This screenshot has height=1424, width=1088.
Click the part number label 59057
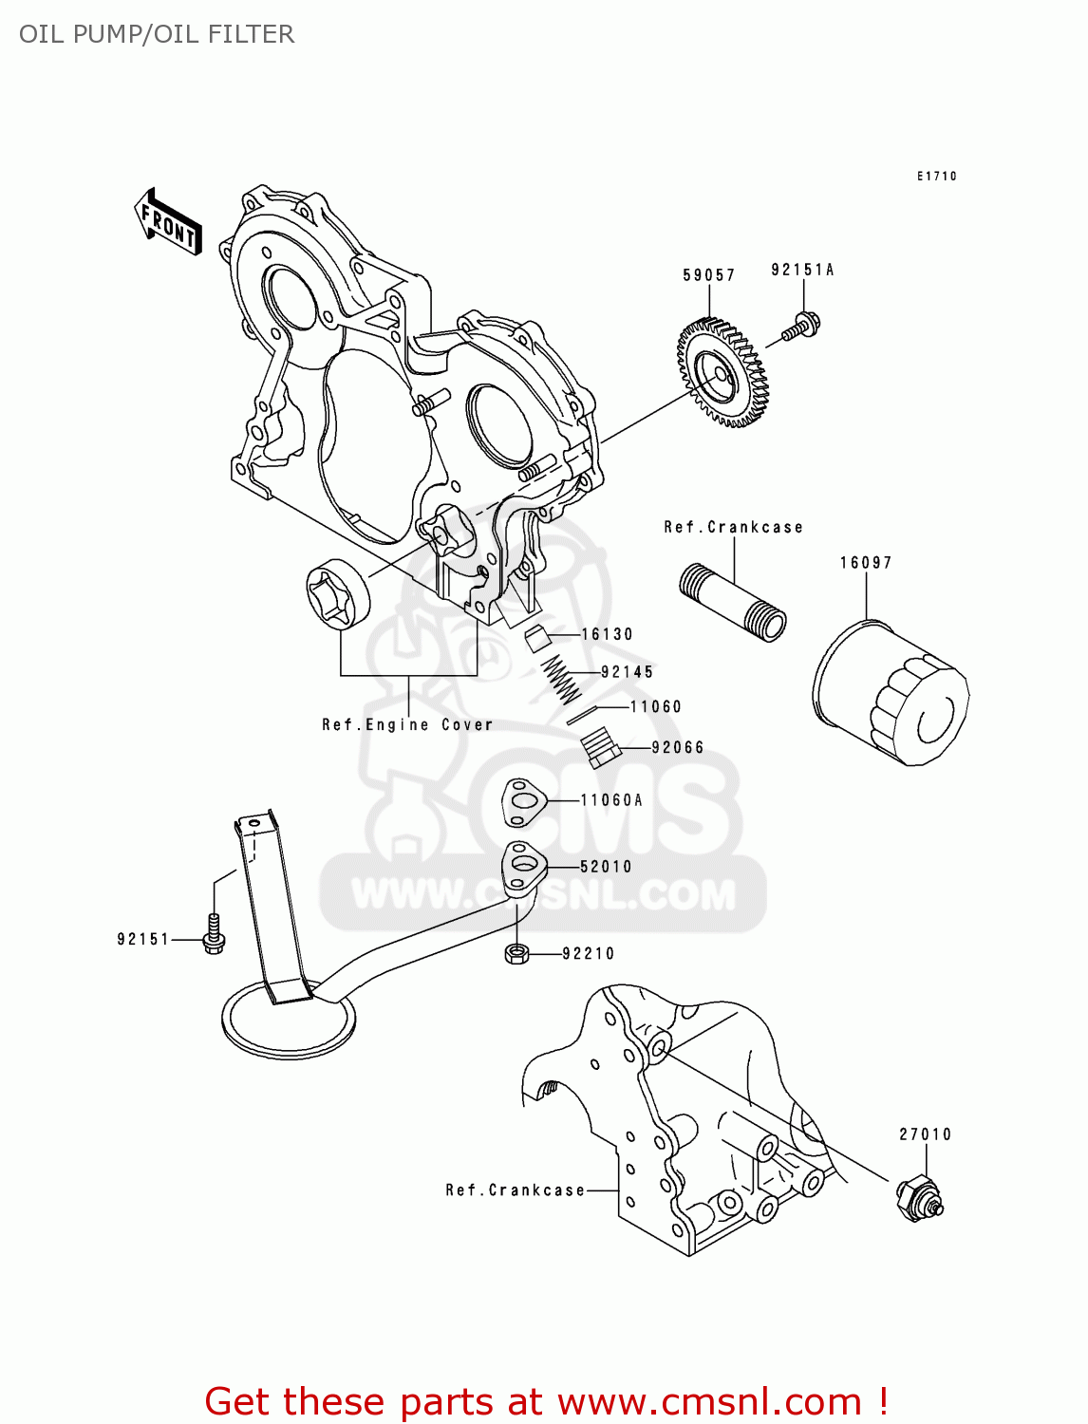708,275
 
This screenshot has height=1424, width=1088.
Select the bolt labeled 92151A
801,327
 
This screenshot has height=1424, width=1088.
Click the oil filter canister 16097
891,693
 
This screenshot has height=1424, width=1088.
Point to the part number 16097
866,563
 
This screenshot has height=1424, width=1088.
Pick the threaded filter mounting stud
733,603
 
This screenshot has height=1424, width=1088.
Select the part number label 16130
607,634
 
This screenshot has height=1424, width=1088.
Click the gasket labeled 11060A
522,802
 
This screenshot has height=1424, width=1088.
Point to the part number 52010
606,867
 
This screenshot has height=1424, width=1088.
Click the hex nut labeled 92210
516,953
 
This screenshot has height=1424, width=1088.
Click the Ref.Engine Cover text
407,725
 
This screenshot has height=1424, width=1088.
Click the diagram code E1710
936,177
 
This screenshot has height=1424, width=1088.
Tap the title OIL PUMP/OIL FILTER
157,34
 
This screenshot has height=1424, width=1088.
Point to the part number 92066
678,748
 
